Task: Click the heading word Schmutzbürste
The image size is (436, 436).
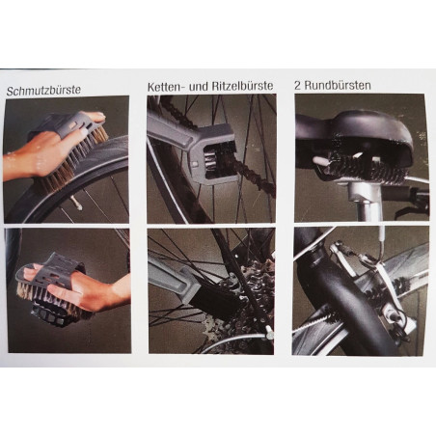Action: click(x=43, y=91)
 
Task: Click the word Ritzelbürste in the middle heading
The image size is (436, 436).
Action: click(x=242, y=86)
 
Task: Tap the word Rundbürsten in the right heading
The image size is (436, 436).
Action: click(x=338, y=85)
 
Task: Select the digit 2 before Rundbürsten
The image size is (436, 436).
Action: click(x=298, y=85)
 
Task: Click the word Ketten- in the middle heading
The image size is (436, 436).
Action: click(x=166, y=87)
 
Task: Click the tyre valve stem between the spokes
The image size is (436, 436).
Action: click(x=76, y=203)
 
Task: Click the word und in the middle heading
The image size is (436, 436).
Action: click(x=198, y=87)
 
